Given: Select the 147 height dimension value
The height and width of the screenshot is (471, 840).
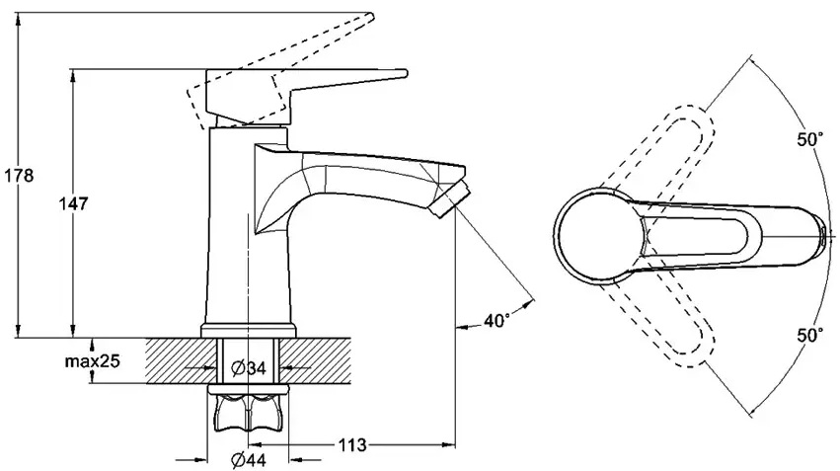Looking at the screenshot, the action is click(x=73, y=203).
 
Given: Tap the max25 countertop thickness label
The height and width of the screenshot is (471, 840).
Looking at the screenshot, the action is click(x=92, y=361).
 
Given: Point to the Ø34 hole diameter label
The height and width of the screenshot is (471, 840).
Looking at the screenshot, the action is click(x=248, y=368).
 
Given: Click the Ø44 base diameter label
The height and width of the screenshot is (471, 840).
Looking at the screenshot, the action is click(x=248, y=460).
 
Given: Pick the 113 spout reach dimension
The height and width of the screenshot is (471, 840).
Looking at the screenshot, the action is click(x=352, y=444).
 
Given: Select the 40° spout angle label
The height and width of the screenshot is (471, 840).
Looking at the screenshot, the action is click(x=496, y=321).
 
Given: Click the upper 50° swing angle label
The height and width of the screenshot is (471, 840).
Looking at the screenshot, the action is click(x=809, y=140).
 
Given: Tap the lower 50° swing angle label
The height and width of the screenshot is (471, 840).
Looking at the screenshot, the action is click(x=809, y=336).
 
